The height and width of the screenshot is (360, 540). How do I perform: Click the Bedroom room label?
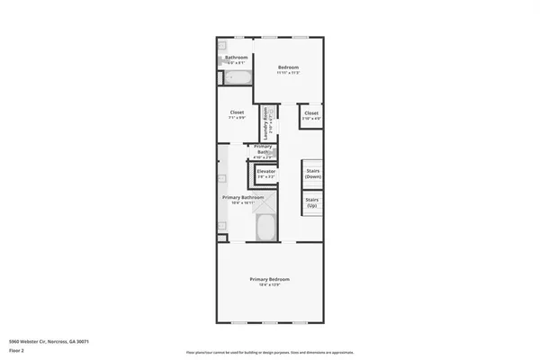[288, 67]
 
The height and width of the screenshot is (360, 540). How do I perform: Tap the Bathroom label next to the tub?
[236, 58]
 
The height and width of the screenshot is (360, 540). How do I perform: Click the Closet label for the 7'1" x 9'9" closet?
[236, 112]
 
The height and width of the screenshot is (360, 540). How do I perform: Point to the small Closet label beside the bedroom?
[311, 112]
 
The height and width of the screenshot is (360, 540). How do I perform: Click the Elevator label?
[266, 170]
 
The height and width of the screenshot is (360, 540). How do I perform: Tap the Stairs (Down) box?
[313, 173]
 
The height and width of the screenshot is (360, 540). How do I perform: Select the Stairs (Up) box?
[312, 202]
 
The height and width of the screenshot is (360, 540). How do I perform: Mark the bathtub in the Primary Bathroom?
[266, 228]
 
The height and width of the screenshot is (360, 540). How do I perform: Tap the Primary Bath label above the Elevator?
[263, 148]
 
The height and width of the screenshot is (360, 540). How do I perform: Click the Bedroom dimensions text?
[288, 73]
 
